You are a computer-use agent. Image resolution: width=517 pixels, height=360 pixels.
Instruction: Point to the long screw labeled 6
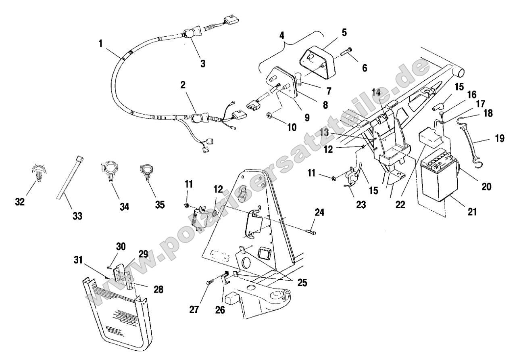pyautogui.click(x=346, y=53)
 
